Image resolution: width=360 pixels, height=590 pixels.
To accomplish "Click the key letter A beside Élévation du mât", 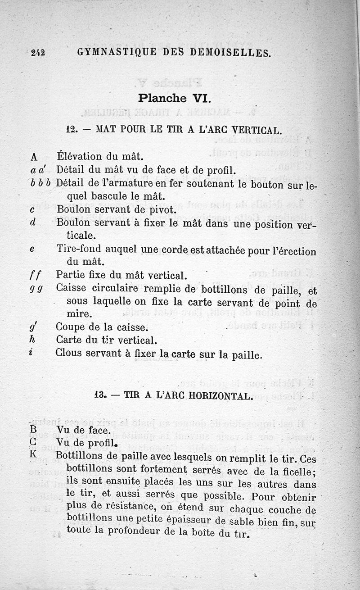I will click(34, 158).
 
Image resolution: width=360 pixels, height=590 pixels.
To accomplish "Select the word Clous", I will click(69, 353).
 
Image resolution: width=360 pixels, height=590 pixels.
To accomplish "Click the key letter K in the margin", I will click(33, 455).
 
